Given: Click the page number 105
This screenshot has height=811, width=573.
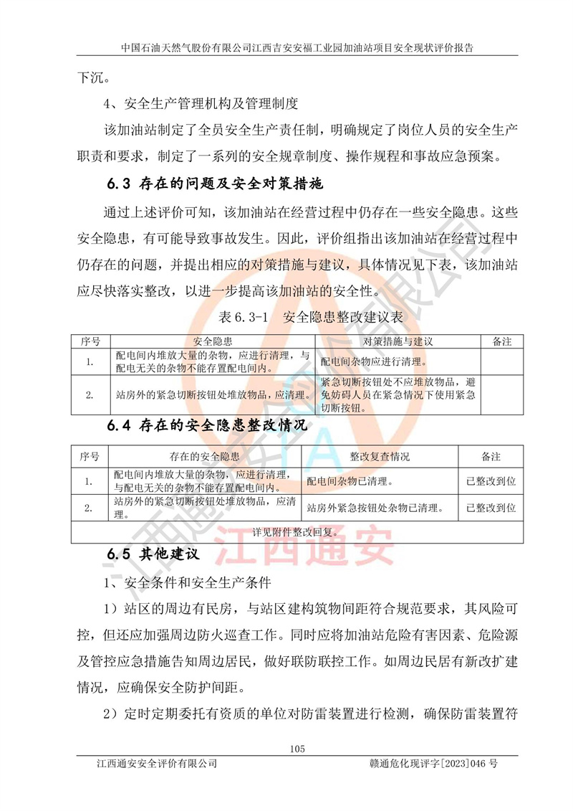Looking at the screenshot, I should pyautogui.click(x=298, y=749).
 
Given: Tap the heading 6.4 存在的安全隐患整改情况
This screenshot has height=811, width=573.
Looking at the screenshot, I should pyautogui.click(x=208, y=426).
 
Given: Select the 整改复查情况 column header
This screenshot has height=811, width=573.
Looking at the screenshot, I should pyautogui.click(x=380, y=456).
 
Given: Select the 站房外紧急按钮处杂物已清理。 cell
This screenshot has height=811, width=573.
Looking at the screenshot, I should pyautogui.click(x=372, y=508).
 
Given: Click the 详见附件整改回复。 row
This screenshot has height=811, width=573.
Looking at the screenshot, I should pyautogui.click(x=294, y=531).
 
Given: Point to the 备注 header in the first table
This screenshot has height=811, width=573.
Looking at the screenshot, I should pyautogui.click(x=502, y=342).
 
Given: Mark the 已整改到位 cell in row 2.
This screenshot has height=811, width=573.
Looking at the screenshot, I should pyautogui.click(x=491, y=508).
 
